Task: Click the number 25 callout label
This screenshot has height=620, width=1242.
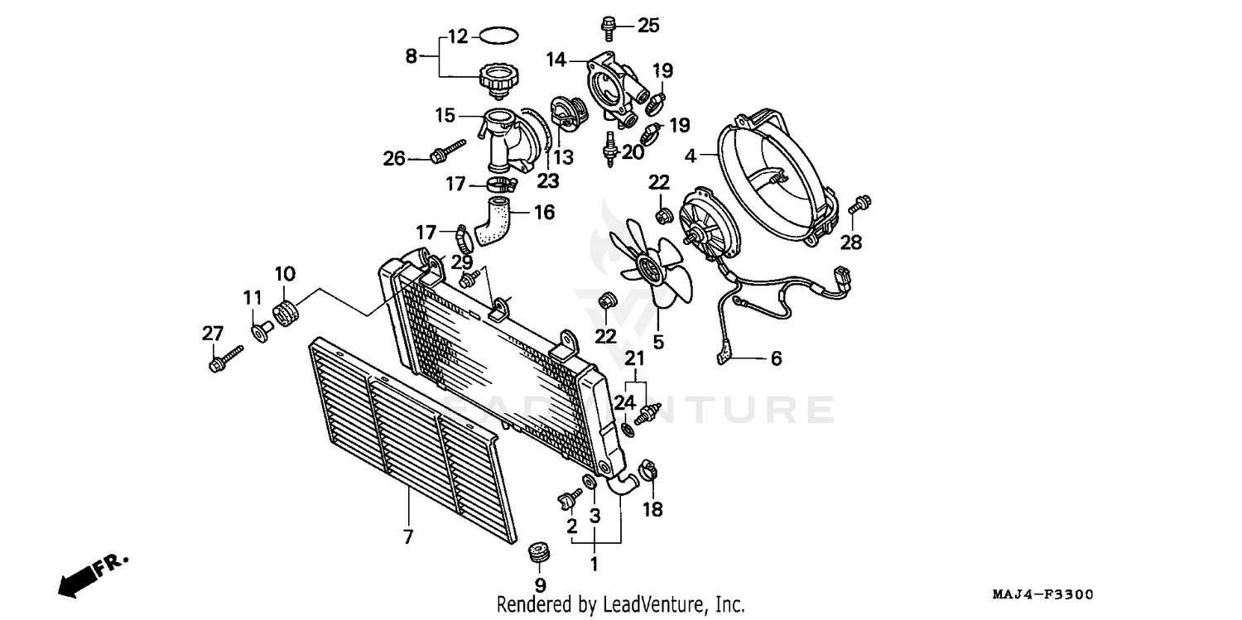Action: [x=648, y=26]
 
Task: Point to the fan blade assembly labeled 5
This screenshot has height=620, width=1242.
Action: [x=652, y=265]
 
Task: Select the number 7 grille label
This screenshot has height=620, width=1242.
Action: [x=407, y=536]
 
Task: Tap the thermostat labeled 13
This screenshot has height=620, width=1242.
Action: [x=568, y=114]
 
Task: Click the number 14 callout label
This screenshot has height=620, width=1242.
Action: [x=556, y=60]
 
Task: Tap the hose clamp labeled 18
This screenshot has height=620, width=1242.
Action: [x=650, y=476]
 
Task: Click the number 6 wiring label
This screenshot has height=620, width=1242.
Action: [x=776, y=358]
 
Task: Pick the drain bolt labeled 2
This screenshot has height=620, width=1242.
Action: [x=568, y=497]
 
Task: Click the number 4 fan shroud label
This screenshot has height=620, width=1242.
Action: [x=691, y=155]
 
